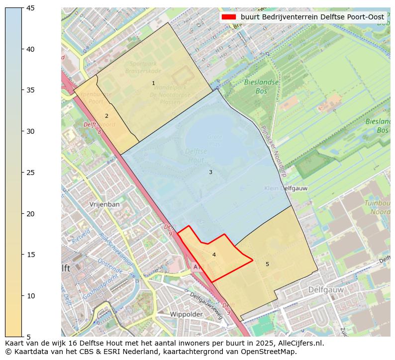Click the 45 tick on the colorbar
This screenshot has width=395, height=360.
pos(22,8)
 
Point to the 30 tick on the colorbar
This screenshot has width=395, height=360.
pos(22,131)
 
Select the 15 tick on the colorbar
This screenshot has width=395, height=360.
pos(22,255)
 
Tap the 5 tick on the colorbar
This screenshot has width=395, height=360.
pos(22,337)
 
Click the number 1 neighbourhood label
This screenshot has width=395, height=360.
pos(153,84)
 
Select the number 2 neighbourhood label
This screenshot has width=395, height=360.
pos(106,116)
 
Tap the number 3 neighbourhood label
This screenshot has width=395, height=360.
pos(210,173)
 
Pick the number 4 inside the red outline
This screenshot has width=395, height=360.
pos(214,255)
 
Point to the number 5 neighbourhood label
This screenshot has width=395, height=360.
pos(267,265)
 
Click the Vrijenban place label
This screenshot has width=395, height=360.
pos(104,204)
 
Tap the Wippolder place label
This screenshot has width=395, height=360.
pos(186,314)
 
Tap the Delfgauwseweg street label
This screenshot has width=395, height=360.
pos(206,303)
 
